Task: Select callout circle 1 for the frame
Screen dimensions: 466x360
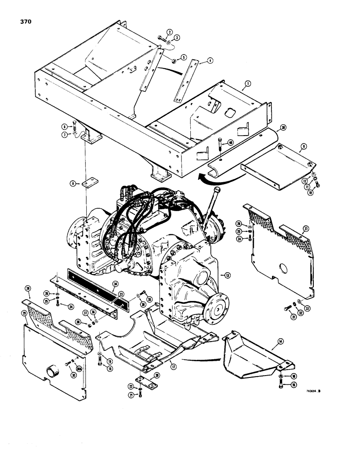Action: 248,83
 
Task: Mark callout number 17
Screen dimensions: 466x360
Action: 172,361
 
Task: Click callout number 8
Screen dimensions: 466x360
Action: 73,184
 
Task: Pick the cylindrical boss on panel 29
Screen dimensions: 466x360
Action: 52,372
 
